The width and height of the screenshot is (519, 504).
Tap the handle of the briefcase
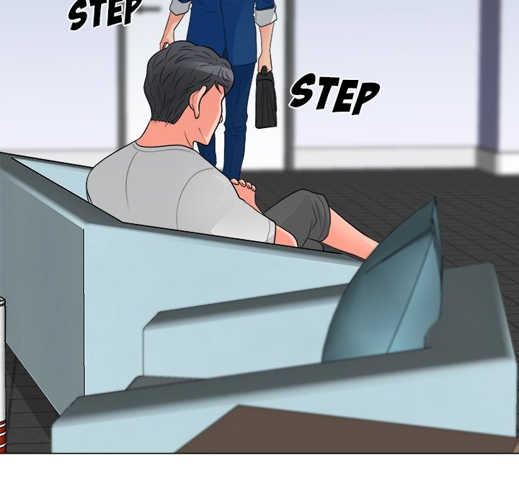click(265, 71)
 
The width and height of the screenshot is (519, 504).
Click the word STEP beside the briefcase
click(334, 94)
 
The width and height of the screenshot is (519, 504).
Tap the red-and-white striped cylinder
click(3, 374)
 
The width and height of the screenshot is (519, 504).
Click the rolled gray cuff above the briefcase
click(267, 16)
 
